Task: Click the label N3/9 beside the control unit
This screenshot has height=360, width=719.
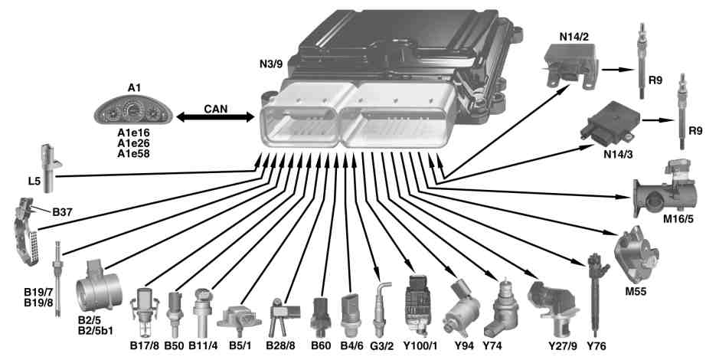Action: coord(271,64)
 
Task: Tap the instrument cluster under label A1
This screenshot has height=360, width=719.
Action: coord(133,111)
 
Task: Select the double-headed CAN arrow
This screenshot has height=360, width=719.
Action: coord(215,117)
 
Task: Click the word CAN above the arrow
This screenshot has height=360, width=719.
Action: coord(215,109)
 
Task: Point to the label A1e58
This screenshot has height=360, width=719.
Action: coord(133,154)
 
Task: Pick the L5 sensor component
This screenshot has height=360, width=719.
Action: coord(50,168)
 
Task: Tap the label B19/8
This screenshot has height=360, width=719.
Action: coord(38,303)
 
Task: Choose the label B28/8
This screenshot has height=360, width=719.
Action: coord(280,345)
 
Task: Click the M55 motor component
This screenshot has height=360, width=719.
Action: coord(636,255)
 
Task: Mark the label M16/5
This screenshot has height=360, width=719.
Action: coord(678,219)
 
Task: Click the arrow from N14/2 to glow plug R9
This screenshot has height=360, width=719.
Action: coord(618,70)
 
